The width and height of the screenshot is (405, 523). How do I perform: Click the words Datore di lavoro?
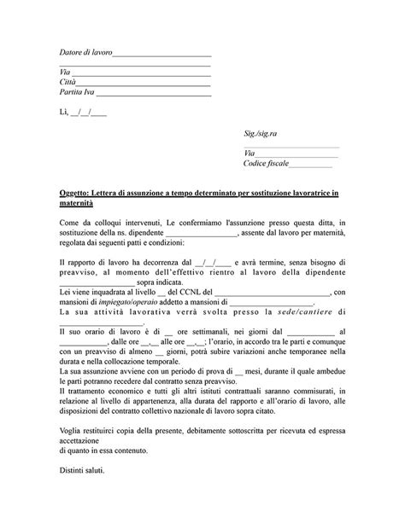pos(85,54)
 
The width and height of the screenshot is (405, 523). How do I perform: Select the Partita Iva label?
pos(78,91)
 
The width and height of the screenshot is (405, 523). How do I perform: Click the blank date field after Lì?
pos(90,113)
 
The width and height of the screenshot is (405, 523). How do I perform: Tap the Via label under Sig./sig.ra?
pos(249,154)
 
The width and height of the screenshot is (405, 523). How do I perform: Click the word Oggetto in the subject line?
pos(74,195)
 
